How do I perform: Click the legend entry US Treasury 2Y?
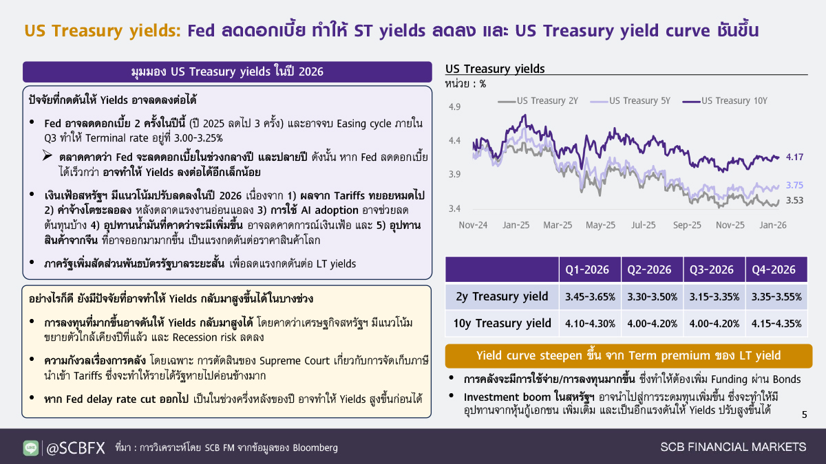click(x=538, y=101)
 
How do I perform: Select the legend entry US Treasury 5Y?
click(x=631, y=101)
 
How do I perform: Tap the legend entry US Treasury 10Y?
click(x=725, y=101)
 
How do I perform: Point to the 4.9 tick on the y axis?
click(x=454, y=107)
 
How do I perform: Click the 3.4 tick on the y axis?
click(x=454, y=209)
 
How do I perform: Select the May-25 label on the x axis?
click(x=600, y=225)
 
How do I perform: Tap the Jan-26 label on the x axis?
click(x=773, y=225)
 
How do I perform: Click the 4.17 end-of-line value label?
click(x=794, y=157)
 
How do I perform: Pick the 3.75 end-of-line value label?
click(x=794, y=185)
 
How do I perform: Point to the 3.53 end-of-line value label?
click(x=794, y=200)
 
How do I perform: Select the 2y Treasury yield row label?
click(x=502, y=296)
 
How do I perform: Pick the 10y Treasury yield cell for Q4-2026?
click(x=776, y=324)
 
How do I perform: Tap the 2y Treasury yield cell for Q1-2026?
click(x=590, y=297)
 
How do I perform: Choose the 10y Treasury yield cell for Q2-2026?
click(x=653, y=324)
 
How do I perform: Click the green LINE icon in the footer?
click(x=30, y=448)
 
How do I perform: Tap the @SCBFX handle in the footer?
click(x=76, y=448)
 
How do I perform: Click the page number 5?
click(x=804, y=415)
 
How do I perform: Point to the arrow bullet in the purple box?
click(x=47, y=155)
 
